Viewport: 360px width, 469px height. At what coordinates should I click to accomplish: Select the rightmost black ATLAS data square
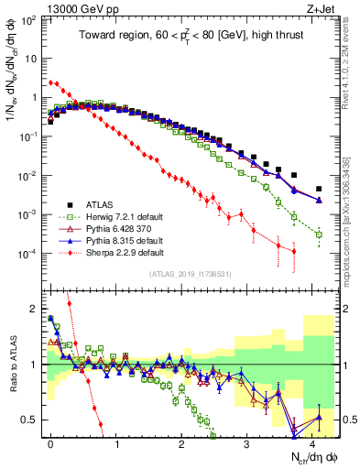point(319,189)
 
